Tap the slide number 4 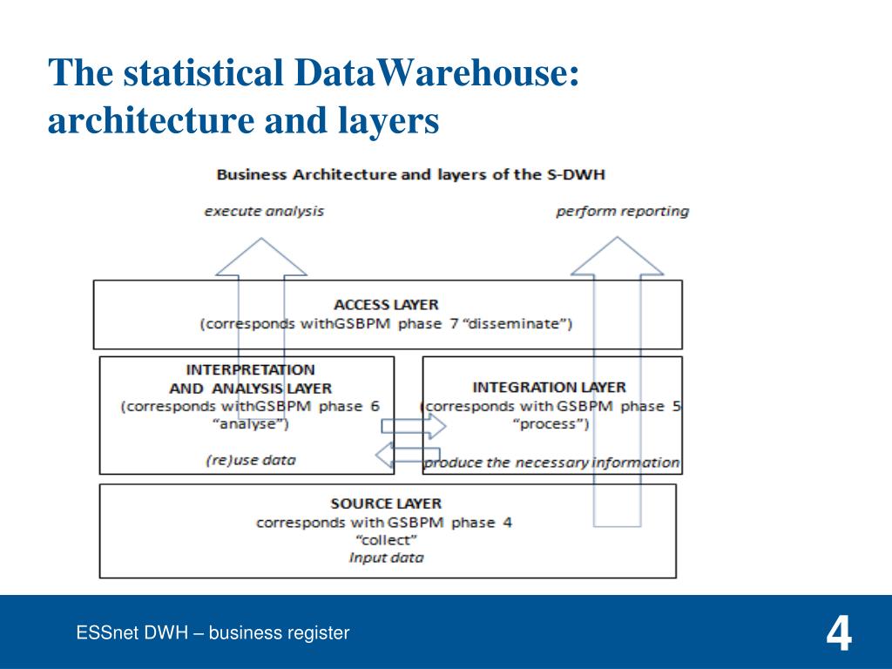839,634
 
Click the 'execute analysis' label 264,211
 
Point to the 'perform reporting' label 622,211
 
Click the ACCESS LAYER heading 386,305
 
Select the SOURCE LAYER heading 386,503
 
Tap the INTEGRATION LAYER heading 549,387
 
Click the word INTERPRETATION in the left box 251,369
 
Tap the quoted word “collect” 387,540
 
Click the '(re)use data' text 251,460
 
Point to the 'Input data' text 386,557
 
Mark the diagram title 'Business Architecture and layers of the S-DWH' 410,174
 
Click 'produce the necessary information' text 551,463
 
